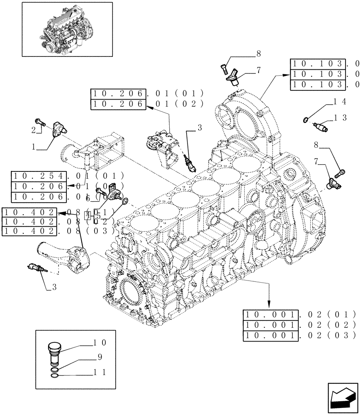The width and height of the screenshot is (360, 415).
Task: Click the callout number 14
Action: coord(340,101)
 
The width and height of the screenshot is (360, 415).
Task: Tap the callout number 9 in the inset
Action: coord(100,357)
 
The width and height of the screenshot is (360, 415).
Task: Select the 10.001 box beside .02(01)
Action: coord(271,314)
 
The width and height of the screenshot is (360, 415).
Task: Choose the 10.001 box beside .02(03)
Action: coord(271,335)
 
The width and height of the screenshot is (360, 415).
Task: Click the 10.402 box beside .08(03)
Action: coord(29,231)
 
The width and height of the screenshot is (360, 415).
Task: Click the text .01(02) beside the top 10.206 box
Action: coord(174,104)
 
